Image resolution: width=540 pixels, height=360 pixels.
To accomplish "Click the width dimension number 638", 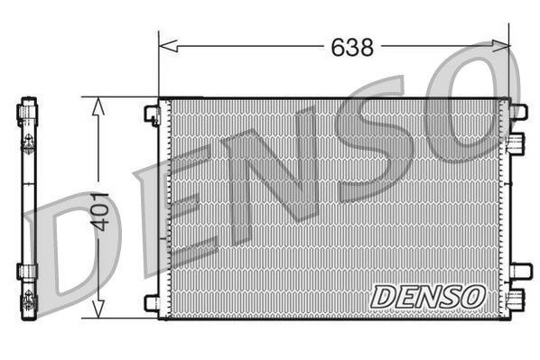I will click(351, 47).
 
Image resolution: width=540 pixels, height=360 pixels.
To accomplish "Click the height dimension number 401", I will click(101, 210).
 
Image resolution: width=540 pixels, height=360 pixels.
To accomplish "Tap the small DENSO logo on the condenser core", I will click(429, 295).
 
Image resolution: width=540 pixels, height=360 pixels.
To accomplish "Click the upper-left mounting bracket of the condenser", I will click(152, 115).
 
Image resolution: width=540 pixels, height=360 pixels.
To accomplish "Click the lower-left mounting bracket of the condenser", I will click(152, 303).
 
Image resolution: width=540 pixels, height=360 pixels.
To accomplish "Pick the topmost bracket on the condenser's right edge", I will click(518, 111).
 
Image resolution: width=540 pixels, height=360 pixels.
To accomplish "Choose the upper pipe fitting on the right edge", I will click(517, 143).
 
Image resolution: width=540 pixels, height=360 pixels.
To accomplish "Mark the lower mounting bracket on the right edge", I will click(519, 271).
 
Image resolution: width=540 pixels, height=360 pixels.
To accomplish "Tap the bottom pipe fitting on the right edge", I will click(517, 300).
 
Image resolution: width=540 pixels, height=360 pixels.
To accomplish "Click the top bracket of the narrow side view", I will click(27, 112).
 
